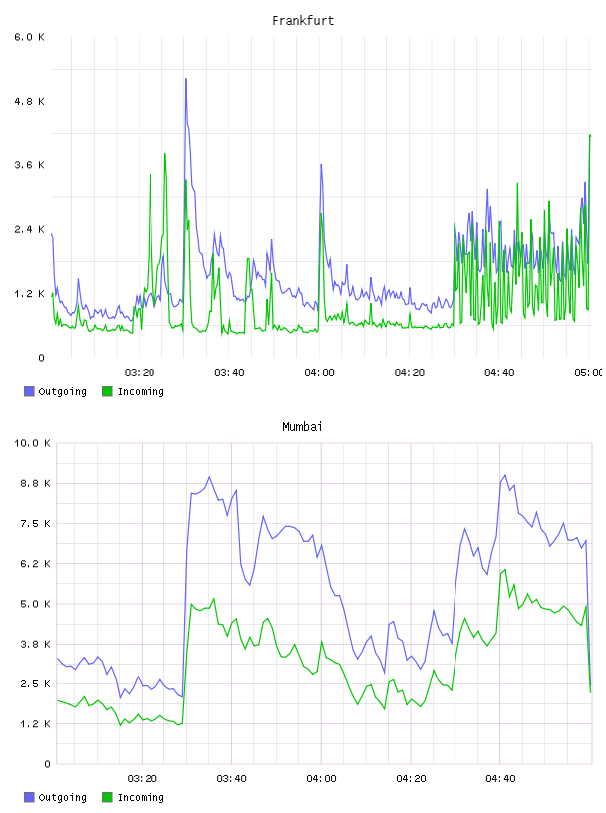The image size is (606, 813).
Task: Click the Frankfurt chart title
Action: (303, 21)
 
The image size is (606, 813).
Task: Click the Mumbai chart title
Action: (302, 427)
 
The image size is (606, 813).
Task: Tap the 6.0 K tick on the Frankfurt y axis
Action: (30, 37)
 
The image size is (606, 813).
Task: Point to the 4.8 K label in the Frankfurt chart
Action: (30, 101)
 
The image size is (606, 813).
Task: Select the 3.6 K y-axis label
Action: (30, 165)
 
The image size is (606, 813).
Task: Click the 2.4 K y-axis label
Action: (30, 230)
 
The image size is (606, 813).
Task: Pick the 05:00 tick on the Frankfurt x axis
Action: (589, 373)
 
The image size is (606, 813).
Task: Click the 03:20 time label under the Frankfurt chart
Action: (140, 373)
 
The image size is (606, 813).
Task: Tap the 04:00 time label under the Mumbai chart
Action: (321, 779)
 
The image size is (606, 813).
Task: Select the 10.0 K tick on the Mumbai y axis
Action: (32, 443)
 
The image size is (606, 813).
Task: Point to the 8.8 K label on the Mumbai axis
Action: (35, 484)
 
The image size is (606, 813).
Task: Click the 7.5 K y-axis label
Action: (35, 524)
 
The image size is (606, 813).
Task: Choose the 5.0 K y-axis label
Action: (35, 604)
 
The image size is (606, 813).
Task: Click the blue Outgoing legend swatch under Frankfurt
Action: (29, 391)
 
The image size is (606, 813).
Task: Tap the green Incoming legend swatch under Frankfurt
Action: (107, 391)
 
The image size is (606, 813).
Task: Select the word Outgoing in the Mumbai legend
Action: (62, 798)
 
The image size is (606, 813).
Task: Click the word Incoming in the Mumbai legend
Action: (141, 798)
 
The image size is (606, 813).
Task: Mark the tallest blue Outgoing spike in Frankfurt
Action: (186, 79)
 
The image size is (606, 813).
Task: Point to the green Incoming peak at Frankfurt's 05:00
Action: (590, 135)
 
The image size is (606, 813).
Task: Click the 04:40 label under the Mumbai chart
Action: (500, 779)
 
